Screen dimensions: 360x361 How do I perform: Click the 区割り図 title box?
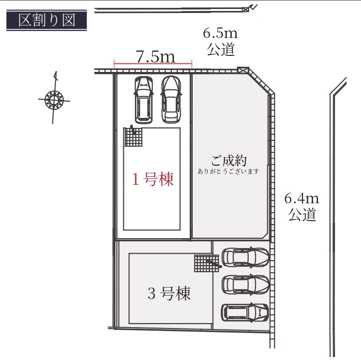click(x=46, y=20)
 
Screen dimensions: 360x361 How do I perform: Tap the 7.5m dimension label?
click(x=155, y=57)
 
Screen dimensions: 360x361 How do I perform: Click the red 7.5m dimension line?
click(x=153, y=64)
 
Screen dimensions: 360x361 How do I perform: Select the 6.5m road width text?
click(x=220, y=34)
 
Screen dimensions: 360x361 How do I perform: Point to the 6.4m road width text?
click(x=302, y=198)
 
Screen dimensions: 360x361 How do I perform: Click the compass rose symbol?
click(x=53, y=99)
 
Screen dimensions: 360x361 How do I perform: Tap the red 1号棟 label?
click(x=153, y=180)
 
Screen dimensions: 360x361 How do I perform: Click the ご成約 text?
click(x=229, y=161)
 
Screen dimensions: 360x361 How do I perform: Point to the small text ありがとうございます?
click(x=228, y=171)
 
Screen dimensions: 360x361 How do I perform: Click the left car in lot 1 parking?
click(x=143, y=99)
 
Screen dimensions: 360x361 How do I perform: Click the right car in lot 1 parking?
click(x=170, y=99)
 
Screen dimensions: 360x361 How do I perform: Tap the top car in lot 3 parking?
click(x=245, y=257)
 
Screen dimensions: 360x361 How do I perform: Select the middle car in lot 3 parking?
click(x=245, y=285)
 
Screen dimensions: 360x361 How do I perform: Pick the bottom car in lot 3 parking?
click(x=245, y=313)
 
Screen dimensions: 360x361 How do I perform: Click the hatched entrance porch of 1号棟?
click(x=133, y=137)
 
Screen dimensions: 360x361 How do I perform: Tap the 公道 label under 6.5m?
click(x=220, y=50)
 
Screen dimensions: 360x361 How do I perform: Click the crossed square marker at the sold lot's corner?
click(x=243, y=71)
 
